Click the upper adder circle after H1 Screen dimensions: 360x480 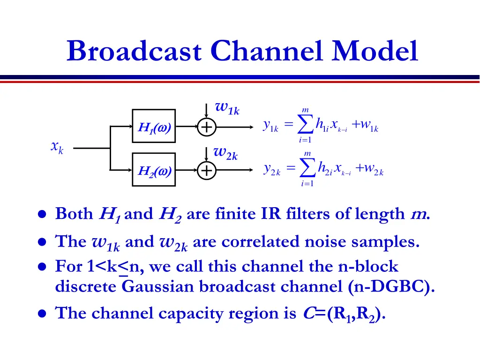[206, 127]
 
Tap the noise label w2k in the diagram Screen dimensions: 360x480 [225, 152]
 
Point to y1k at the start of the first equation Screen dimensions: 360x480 [271, 126]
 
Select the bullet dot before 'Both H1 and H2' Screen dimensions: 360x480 [42, 215]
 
